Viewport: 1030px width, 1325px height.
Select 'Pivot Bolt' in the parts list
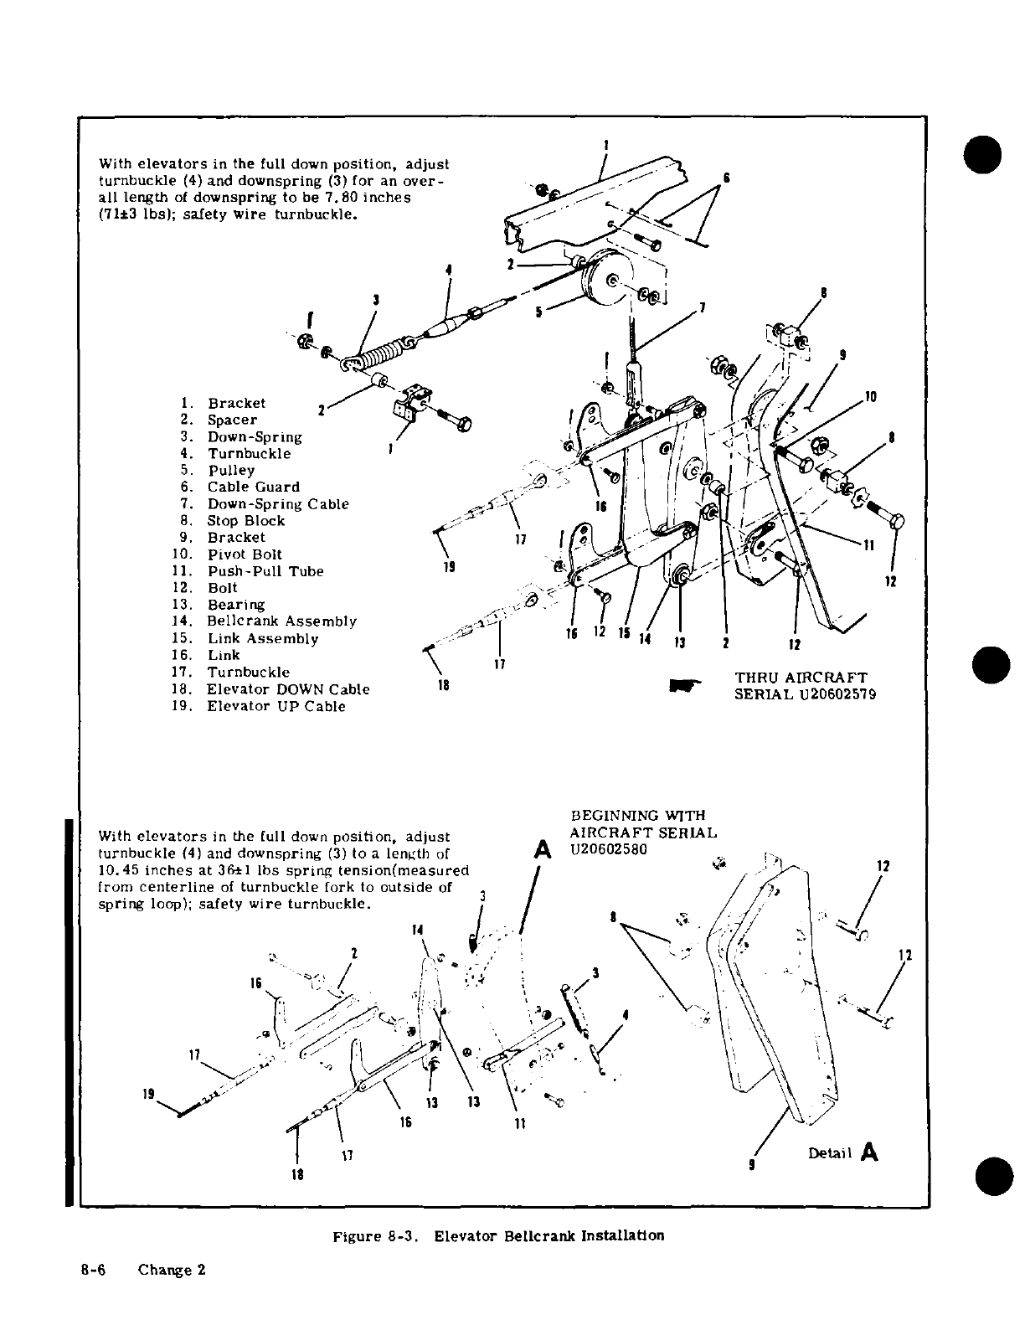click(245, 554)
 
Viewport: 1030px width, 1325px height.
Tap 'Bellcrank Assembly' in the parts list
click(281, 621)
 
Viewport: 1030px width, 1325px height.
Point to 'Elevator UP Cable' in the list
click(276, 706)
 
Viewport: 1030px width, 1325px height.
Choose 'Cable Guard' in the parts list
click(253, 487)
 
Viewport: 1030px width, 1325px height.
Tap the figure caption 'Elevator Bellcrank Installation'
click(549, 1235)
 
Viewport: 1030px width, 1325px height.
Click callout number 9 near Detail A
click(752, 1163)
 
